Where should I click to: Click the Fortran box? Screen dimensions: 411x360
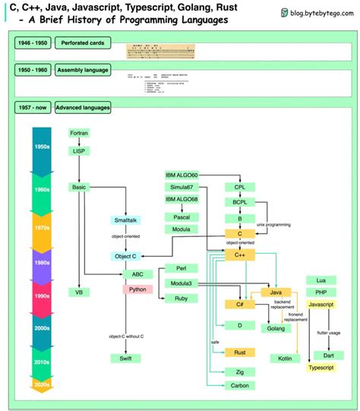pyautogui.click(x=79, y=133)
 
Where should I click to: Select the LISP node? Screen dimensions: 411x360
pyautogui.click(x=79, y=151)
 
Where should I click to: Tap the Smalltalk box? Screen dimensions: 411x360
pyautogui.click(x=125, y=220)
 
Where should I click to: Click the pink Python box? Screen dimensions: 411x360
pyautogui.click(x=137, y=289)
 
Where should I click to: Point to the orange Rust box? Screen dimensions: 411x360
pyautogui.click(x=239, y=353)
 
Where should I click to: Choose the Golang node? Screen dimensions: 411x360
pyautogui.click(x=276, y=328)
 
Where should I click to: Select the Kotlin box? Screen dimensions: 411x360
pyautogui.click(x=285, y=358)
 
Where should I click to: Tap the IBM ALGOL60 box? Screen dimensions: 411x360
pyautogui.click(x=186, y=175)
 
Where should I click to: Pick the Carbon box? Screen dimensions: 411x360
pyautogui.click(x=239, y=385)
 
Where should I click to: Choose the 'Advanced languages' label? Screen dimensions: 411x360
pyautogui.click(x=82, y=108)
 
